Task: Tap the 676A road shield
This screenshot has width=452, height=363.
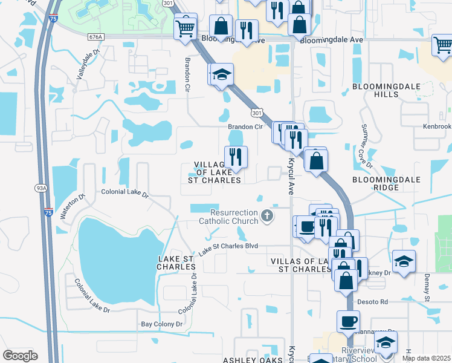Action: click(95, 37)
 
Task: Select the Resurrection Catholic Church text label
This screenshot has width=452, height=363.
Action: click(234, 217)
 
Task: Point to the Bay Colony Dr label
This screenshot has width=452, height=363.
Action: click(161, 324)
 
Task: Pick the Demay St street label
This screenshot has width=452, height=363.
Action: click(426, 289)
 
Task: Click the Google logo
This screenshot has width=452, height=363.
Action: click(20, 356)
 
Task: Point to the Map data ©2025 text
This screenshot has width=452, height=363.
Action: click(426, 358)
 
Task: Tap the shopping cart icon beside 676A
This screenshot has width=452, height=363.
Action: click(186, 27)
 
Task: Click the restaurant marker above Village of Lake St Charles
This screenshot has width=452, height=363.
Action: click(236, 156)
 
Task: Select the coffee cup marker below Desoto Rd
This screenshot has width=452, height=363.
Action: click(347, 321)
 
